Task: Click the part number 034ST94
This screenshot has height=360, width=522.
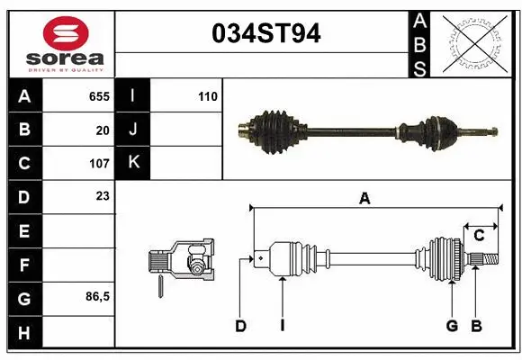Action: tap(265, 34)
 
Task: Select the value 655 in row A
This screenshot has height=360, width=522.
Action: tap(99, 95)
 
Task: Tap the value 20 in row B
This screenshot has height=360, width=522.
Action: tap(103, 130)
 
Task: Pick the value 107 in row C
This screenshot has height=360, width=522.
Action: tap(99, 164)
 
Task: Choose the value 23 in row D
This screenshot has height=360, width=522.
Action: tap(103, 195)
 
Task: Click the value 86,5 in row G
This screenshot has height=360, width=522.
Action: tap(97, 296)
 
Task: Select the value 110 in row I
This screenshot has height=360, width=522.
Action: tap(207, 95)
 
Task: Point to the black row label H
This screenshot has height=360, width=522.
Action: tap(23, 334)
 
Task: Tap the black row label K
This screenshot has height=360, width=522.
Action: tap(133, 163)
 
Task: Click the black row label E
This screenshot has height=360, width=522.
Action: tap(23, 231)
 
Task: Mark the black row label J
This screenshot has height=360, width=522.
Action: tap(133, 130)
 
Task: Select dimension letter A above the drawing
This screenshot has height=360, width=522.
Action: tap(364, 199)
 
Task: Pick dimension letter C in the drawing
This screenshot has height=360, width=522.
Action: tap(480, 236)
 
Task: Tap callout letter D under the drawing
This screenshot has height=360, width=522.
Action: tap(241, 326)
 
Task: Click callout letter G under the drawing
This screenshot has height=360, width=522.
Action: tap(453, 326)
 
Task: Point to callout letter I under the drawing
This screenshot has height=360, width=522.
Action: tap(282, 326)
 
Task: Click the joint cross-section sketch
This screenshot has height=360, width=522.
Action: tap(183, 262)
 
